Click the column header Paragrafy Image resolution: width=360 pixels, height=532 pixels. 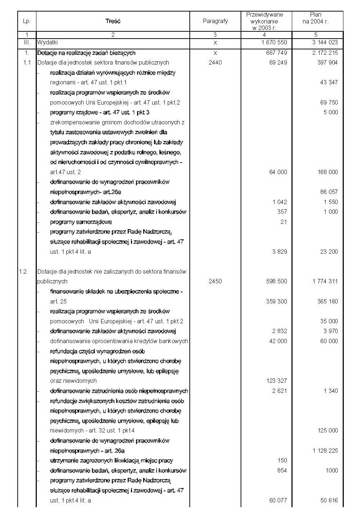tap(215, 21)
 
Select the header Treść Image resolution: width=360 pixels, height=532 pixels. tap(113, 21)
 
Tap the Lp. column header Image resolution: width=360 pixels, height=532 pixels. tap(27, 21)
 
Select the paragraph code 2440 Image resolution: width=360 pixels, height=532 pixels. tap(215, 62)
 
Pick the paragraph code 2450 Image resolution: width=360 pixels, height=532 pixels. tap(215, 281)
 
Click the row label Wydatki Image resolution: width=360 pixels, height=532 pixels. tap(47, 42)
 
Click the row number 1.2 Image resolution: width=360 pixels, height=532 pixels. tap(23, 271)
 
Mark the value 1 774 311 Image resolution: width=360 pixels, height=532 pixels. tap(325, 281)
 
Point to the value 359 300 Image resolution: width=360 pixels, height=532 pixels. tap(277, 301)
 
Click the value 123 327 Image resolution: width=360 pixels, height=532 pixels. tap(277, 381)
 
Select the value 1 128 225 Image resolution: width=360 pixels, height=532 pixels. tap(325, 451)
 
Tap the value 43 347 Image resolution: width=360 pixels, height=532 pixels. tap(329, 82)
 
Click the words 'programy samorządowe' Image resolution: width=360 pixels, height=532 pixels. tap(81, 222)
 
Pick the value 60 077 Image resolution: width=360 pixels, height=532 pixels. tap(278, 500)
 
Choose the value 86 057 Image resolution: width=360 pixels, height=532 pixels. tap(329, 192)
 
